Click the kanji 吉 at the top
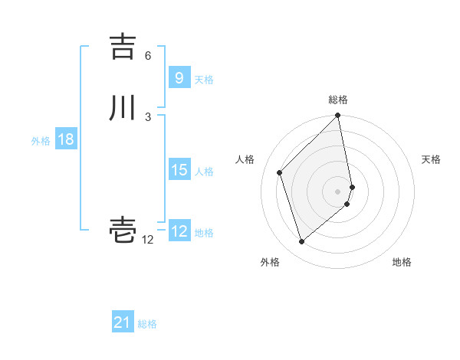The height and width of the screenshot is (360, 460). pyautogui.click(x=123, y=47)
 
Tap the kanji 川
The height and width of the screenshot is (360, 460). pyautogui.click(x=123, y=108)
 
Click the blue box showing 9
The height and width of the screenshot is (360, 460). pyautogui.click(x=179, y=78)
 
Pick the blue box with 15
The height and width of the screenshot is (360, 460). pyautogui.click(x=179, y=170)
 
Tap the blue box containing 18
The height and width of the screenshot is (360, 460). pyautogui.click(x=65, y=139)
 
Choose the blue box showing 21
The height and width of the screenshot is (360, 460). pyautogui.click(x=123, y=322)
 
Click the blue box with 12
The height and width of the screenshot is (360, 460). pyautogui.click(x=179, y=231)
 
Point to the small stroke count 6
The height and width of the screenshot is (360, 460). pyautogui.click(x=148, y=56)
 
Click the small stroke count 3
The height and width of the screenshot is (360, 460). pyautogui.click(x=148, y=116)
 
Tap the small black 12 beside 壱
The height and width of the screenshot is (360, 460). pyautogui.click(x=148, y=240)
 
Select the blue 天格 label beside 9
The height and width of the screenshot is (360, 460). pyautogui.click(x=204, y=80)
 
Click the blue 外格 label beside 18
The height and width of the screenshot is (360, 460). pyautogui.click(x=41, y=141)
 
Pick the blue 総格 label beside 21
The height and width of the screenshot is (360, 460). pyautogui.click(x=148, y=324)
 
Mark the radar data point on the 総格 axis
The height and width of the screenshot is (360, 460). pyautogui.click(x=338, y=116)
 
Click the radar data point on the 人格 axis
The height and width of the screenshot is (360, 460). pyautogui.click(x=280, y=172)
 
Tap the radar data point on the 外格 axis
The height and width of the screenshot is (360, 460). pyautogui.click(x=301, y=242)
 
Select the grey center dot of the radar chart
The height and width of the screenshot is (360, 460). pyautogui.click(x=338, y=191)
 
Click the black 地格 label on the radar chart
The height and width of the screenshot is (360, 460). pyautogui.click(x=402, y=263)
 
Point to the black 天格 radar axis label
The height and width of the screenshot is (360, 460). pyautogui.click(x=431, y=159)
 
